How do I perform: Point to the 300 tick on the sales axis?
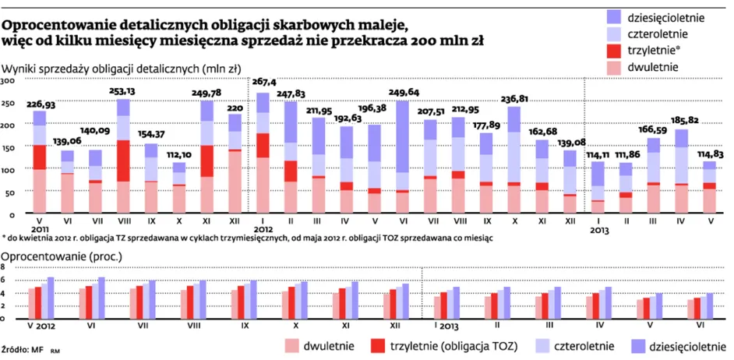(x=7, y=81)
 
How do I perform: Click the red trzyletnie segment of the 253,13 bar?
(x=123, y=161)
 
